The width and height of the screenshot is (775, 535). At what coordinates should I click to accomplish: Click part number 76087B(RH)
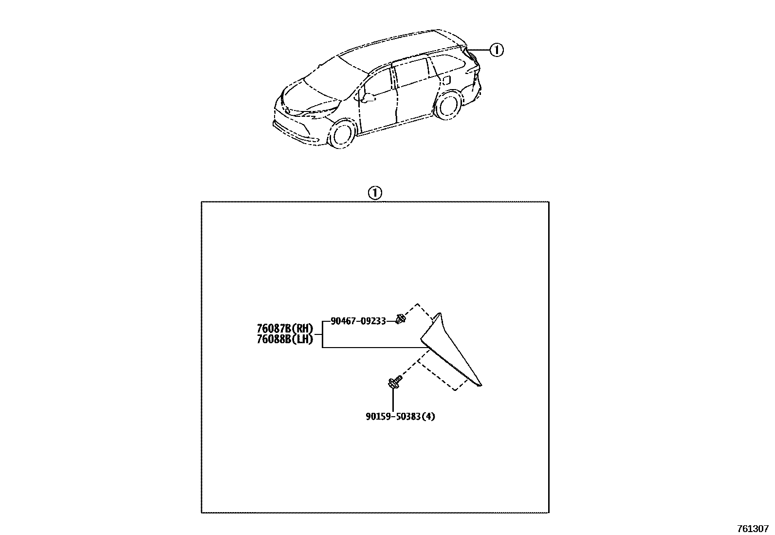pyautogui.click(x=285, y=328)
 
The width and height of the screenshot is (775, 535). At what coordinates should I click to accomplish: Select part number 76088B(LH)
pyautogui.click(x=285, y=339)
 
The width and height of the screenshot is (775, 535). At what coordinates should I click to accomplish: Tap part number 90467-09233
pyautogui.click(x=358, y=321)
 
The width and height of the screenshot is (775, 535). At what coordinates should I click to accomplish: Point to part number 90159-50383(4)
pyautogui.click(x=401, y=416)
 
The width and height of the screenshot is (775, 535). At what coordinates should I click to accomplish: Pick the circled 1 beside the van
pyautogui.click(x=496, y=50)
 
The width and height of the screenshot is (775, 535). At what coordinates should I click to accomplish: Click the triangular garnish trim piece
pyautogui.click(x=450, y=353)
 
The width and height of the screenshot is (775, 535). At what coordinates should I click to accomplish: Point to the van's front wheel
pyautogui.click(x=342, y=134)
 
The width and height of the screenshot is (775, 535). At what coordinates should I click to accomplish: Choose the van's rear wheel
pyautogui.click(x=448, y=106)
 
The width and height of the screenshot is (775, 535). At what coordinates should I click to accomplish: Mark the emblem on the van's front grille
pyautogui.click(x=288, y=111)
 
